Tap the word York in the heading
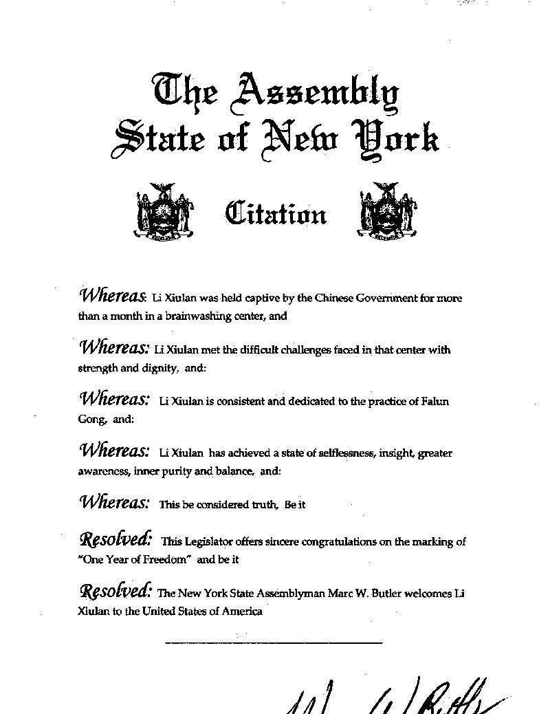coord(395,137)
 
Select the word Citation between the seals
coord(276,214)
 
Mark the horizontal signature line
coord(274,643)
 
